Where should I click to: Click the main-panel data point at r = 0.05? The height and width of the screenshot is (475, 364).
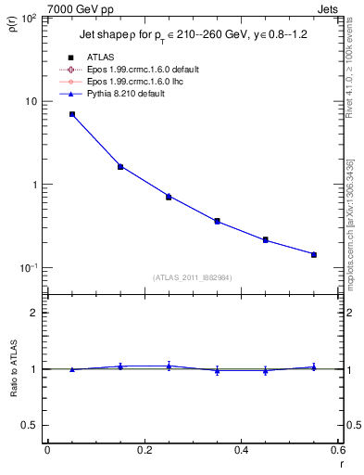[72, 114]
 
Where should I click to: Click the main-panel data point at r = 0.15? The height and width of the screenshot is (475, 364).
[120, 167]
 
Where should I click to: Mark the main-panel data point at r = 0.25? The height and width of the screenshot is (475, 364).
[169, 197]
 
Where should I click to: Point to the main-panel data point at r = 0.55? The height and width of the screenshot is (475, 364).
[314, 254]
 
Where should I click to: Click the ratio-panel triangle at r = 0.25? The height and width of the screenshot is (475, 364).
[169, 366]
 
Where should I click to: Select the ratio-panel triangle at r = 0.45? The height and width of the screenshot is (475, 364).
[266, 370]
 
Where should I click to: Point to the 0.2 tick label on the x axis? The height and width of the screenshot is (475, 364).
[144, 450]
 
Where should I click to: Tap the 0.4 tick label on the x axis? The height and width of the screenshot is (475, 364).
[241, 450]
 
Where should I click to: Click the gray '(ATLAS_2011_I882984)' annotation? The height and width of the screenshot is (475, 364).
[193, 277]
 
